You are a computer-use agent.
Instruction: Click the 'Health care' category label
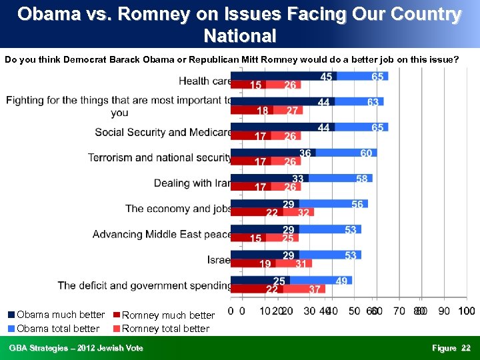point(205,81)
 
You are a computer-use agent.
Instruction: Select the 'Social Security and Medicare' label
point(163,132)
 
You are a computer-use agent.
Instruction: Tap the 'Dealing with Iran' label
point(193,183)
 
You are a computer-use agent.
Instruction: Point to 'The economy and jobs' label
point(179,209)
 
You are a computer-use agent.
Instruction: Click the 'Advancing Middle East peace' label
point(162,234)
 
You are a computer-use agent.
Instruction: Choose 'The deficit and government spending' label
point(145,285)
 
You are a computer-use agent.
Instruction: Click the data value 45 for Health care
point(327,77)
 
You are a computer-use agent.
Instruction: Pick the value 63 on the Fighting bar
point(373,102)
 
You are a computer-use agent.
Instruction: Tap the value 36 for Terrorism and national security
point(305,153)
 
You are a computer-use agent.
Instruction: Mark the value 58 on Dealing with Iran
point(362,179)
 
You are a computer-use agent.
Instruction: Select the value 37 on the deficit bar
point(315,289)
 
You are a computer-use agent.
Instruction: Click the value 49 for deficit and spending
point(341,281)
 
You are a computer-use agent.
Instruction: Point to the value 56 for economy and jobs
point(358,205)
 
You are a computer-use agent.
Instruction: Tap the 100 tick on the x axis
point(467,311)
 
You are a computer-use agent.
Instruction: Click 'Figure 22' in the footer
point(451,348)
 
